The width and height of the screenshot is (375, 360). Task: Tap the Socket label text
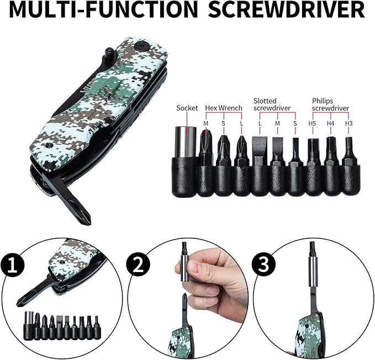187,108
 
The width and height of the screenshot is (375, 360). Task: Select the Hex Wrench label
224,108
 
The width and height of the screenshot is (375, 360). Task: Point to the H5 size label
312,123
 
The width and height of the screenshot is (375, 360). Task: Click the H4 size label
330,123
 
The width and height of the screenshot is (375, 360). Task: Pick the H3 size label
348,123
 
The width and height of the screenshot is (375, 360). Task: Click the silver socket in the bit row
187,143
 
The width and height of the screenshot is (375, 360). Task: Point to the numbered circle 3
264,264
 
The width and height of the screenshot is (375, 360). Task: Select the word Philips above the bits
323,101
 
